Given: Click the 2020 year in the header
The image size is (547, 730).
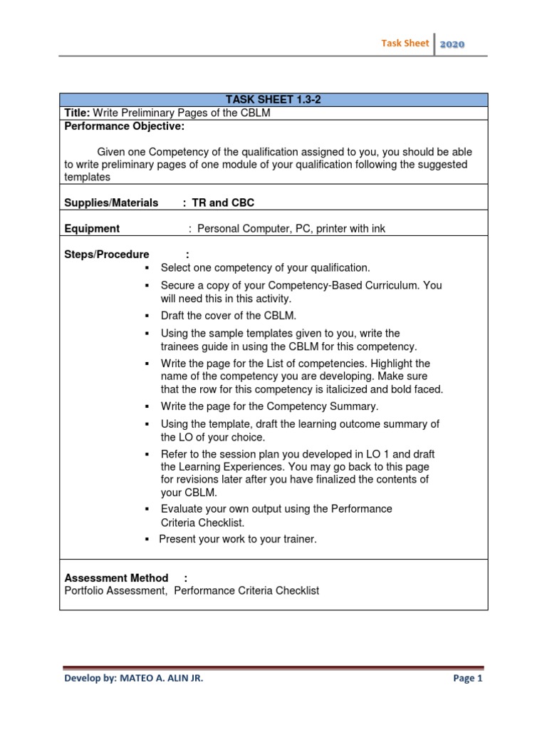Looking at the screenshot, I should [452, 44].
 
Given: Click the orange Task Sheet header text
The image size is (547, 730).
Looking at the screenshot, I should [405, 43].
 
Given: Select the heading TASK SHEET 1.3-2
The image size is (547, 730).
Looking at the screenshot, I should [274, 101].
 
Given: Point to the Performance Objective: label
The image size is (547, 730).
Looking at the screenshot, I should [125, 126].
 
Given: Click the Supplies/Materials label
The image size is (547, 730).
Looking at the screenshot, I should [111, 203].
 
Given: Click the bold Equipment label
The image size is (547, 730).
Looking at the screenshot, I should [92, 229].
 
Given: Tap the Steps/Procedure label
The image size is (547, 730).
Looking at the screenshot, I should [107, 255].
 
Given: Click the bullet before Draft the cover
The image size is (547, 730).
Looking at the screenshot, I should [146, 316].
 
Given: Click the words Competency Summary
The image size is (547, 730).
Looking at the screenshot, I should [322, 406].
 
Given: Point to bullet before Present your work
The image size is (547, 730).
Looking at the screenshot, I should [146, 540].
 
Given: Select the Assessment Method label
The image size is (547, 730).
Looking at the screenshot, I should [116, 578].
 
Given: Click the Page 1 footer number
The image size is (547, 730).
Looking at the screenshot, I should [467, 679].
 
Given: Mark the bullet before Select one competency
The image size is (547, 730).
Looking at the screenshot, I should [146, 268].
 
